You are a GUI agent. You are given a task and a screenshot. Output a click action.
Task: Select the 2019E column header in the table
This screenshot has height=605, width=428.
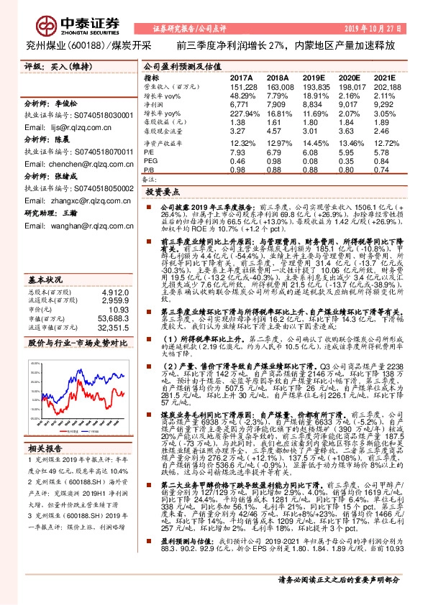coord(314,76)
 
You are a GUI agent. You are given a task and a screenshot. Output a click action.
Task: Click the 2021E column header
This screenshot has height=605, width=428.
coord(386,76)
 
